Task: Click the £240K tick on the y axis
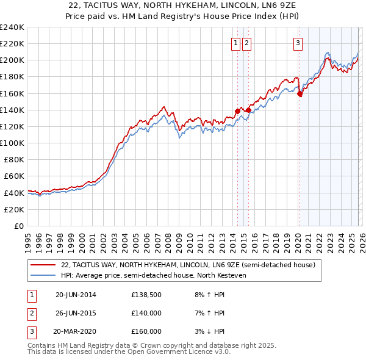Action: click(12, 27)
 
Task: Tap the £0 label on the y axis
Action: click(20, 226)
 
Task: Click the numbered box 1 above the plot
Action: click(235, 43)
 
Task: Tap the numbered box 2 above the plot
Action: click(246, 43)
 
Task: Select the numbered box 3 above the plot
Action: click(298, 43)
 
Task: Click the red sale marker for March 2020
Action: click(300, 94)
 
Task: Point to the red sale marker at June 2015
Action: click(248, 110)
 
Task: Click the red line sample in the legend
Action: click(44, 265)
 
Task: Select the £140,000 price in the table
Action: click(146, 313)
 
